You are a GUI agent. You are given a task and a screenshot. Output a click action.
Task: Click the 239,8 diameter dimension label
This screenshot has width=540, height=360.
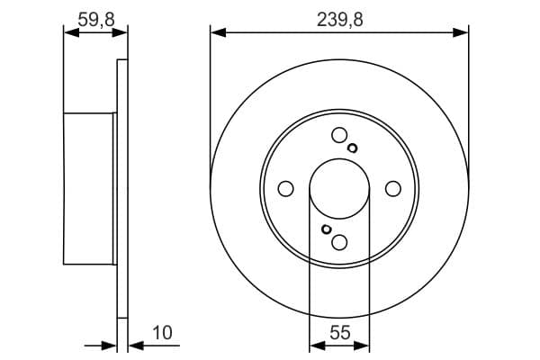point(339,17)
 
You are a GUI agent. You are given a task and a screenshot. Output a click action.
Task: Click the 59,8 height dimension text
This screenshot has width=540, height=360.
point(94,17)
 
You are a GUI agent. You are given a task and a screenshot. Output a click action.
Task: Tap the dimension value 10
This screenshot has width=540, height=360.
point(162,333)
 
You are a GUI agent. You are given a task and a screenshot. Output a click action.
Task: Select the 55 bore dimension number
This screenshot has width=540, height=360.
point(339,333)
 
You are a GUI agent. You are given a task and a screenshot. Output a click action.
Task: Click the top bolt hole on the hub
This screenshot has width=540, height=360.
point(339,136)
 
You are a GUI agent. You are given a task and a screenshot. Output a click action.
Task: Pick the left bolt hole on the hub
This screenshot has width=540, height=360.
point(286,188)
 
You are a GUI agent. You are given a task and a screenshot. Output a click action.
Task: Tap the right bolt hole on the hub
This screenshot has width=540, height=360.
point(392,188)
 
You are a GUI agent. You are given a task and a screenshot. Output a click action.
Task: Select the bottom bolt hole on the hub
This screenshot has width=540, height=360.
point(339,241)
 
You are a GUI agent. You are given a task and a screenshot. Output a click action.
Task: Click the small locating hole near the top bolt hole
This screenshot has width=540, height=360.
point(353,148)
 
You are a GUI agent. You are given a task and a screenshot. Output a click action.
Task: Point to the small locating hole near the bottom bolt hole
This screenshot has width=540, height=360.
point(326,229)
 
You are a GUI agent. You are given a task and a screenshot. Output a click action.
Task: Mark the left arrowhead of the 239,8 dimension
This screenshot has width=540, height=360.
point(217,32)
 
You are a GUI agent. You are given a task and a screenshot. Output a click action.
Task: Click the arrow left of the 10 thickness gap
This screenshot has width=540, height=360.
point(110,345)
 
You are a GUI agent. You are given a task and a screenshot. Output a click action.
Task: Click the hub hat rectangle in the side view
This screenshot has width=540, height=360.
point(90,189)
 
